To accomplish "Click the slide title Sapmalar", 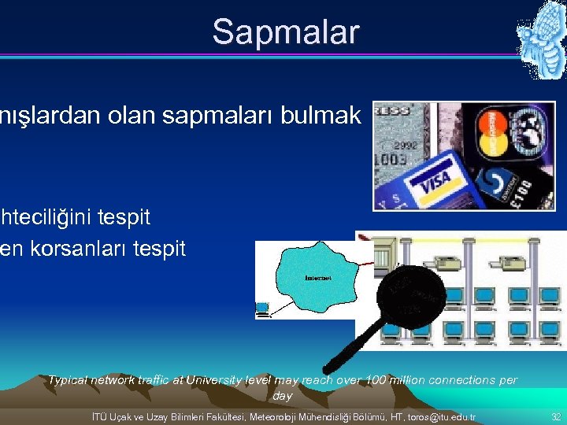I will (x=285, y=32).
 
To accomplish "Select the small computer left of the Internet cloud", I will (x=262, y=310).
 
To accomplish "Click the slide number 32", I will (x=556, y=416).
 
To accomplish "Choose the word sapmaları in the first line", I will (x=213, y=116).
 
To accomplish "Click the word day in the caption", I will (x=282, y=396).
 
